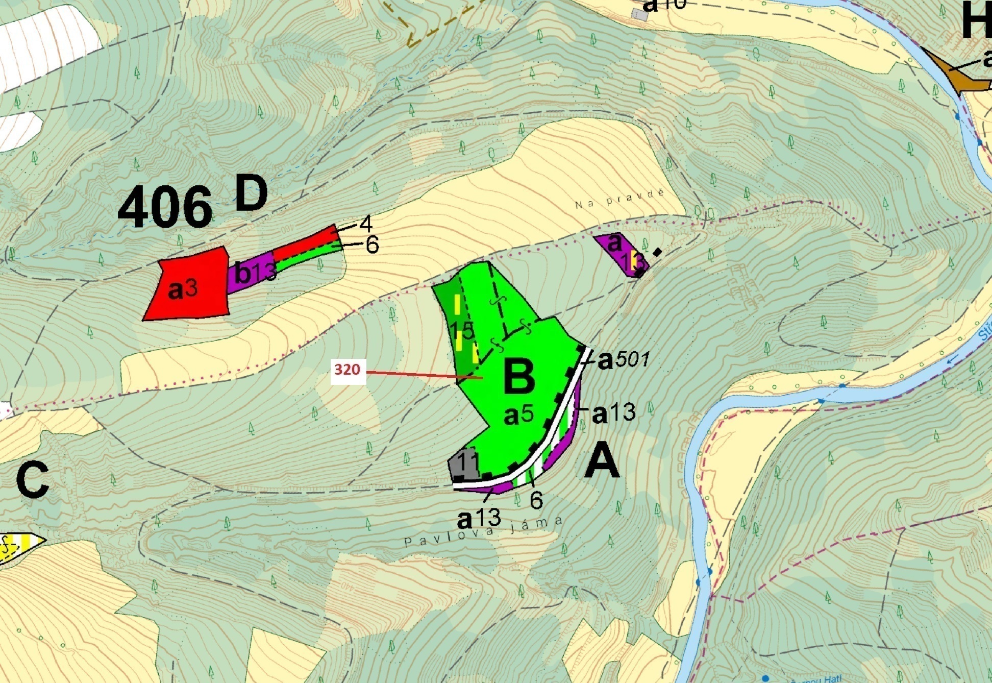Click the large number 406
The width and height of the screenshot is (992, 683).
tap(164, 207)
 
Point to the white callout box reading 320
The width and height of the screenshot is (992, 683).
tap(348, 370)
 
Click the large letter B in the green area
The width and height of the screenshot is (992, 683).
tap(519, 377)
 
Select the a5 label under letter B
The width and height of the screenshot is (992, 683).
tap(518, 415)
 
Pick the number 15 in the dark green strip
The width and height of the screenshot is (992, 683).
tap(462, 330)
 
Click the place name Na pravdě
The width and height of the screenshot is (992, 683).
tap(620, 199)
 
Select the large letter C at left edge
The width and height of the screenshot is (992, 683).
tap(32, 480)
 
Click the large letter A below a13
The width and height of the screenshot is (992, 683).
tap(602, 461)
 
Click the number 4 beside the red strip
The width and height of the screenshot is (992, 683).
tap(365, 224)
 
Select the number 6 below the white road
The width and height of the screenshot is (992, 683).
tap(536, 500)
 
